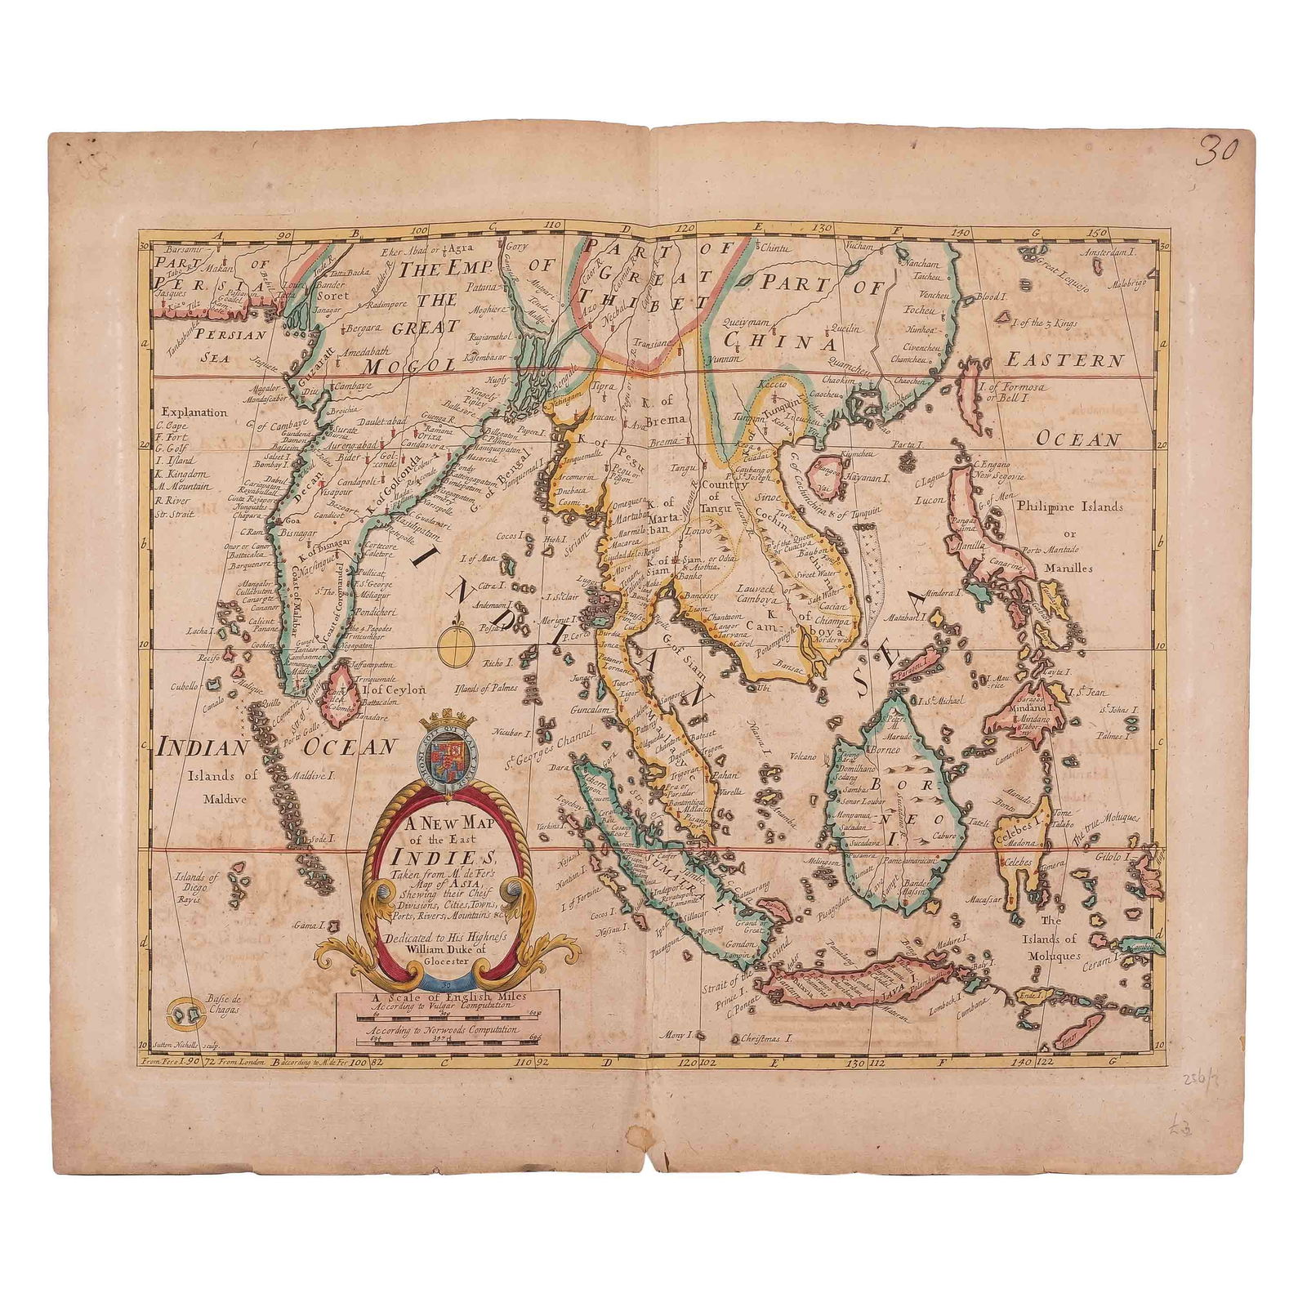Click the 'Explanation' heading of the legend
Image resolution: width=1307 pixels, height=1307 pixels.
194,413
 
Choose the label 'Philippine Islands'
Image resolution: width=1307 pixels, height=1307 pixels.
1069,506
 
